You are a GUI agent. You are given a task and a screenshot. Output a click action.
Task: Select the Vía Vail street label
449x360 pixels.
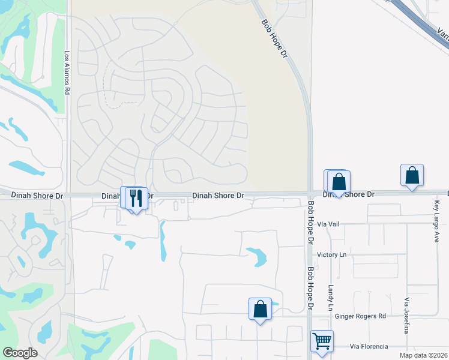tap(329, 224)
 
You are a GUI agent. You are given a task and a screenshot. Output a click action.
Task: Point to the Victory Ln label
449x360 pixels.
tap(332, 255)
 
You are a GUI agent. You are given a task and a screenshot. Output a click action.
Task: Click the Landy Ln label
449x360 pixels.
tap(330, 293)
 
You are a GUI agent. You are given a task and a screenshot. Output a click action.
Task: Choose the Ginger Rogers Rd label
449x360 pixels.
tap(361, 316)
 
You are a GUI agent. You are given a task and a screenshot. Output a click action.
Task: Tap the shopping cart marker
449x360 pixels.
tap(322, 341)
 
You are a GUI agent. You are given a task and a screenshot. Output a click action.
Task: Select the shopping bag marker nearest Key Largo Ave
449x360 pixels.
tap(412, 175)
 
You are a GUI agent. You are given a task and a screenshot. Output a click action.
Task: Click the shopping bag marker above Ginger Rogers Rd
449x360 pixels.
tap(260, 309)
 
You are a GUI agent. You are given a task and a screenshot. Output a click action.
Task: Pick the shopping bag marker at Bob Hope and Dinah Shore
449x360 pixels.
tap(339, 181)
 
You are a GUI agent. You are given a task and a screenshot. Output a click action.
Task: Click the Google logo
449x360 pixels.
tap(20, 353)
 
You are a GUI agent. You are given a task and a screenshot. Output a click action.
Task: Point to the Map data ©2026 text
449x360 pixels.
tap(424, 355)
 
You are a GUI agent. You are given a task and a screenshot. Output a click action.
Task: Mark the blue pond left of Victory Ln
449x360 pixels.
tap(258, 256)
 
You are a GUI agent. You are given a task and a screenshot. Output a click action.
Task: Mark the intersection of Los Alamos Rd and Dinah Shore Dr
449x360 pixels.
tap(68, 195)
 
